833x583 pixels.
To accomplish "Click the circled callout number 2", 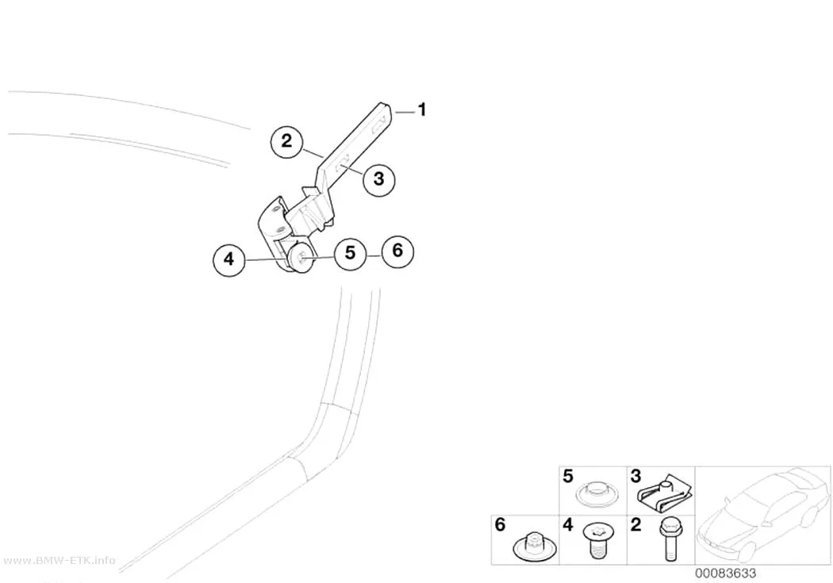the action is [287, 141].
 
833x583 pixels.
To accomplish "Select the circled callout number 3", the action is [378, 179].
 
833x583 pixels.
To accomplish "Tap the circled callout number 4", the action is [229, 259].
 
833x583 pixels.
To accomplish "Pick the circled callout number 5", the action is [350, 253].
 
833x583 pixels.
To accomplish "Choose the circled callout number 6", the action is [397, 251].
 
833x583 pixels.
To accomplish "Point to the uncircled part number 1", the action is [422, 110].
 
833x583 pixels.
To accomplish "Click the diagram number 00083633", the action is [725, 573].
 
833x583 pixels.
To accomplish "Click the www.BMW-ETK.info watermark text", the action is [59, 561].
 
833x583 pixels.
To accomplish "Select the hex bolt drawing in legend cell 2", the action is [669, 540].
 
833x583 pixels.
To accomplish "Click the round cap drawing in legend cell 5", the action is [597, 494].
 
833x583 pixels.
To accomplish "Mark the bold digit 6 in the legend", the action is [500, 524].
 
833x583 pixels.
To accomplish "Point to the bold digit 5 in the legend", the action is [568, 476].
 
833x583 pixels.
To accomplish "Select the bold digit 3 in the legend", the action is [635, 476].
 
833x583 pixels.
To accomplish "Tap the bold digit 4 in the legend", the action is [568, 524].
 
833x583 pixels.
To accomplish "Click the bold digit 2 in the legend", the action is [635, 524].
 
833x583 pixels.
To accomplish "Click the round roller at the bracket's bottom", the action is [301, 260].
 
